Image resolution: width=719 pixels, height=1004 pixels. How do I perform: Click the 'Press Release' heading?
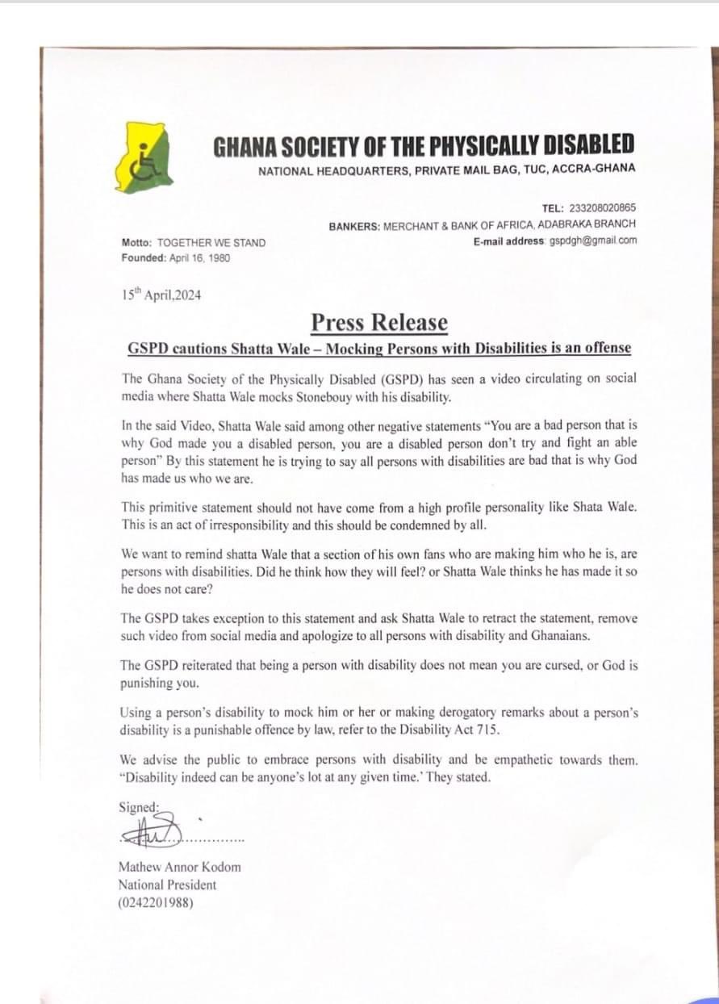click(x=379, y=322)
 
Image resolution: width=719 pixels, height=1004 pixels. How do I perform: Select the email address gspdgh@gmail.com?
click(x=593, y=241)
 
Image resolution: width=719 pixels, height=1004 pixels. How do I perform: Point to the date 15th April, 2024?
click(x=161, y=295)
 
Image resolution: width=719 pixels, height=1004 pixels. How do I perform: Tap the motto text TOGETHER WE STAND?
click(x=211, y=242)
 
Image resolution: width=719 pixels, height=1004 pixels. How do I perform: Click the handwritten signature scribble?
click(x=153, y=828)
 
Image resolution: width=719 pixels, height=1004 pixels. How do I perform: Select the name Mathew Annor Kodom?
click(x=179, y=867)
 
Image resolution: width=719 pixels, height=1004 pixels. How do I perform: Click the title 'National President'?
click(x=167, y=885)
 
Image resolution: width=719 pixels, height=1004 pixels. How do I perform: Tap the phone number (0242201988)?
click(x=157, y=902)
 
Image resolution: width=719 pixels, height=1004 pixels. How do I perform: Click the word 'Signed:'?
click(x=139, y=807)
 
